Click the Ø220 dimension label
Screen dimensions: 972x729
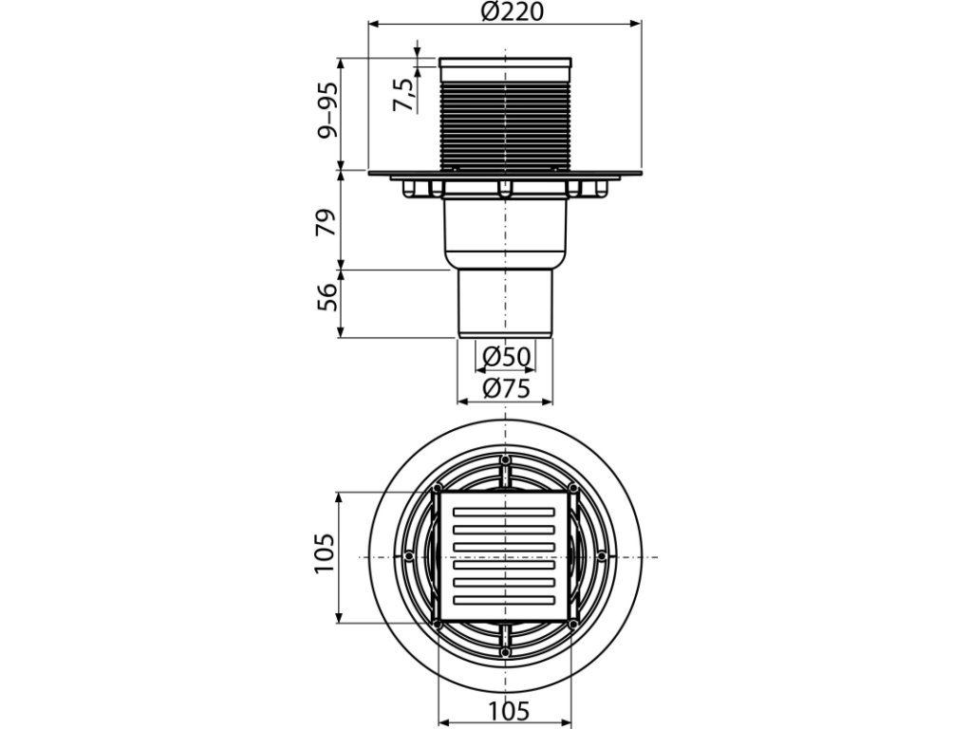(x=504, y=12)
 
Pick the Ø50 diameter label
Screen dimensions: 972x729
(x=504, y=359)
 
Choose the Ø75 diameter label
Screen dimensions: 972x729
(x=504, y=387)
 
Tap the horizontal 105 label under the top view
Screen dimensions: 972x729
(x=504, y=710)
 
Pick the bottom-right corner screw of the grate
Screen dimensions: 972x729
(x=573, y=624)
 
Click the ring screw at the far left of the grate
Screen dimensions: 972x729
(x=407, y=556)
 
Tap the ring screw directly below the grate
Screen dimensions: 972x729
(x=505, y=652)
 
